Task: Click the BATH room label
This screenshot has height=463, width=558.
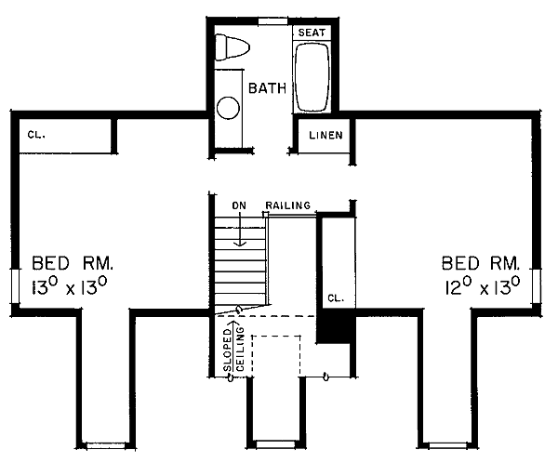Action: (x=267, y=88)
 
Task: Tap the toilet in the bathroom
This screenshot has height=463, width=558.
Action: (x=232, y=47)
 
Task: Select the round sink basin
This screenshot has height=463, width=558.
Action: (x=228, y=108)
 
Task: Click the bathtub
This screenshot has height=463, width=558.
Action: (x=312, y=77)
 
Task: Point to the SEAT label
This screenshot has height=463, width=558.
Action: (x=312, y=33)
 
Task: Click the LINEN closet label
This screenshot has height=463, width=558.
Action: (x=325, y=135)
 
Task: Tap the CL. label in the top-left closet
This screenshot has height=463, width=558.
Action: (x=36, y=135)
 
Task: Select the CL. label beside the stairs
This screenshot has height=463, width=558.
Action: (x=336, y=298)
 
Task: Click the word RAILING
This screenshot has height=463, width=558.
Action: (x=288, y=205)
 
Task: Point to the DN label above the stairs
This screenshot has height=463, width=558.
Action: (x=239, y=205)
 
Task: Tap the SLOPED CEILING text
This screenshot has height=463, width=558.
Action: (x=233, y=350)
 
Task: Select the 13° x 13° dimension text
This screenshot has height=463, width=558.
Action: (x=70, y=286)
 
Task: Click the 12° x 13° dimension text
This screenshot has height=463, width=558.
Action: (x=482, y=286)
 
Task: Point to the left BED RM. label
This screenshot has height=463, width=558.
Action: (x=73, y=263)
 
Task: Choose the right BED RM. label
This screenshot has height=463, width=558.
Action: (x=481, y=263)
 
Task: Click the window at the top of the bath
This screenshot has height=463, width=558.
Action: (x=272, y=21)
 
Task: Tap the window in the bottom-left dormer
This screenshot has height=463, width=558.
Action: (x=106, y=445)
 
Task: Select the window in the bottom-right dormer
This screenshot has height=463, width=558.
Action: (x=447, y=445)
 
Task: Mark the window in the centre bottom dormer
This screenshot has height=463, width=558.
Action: (x=276, y=443)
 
